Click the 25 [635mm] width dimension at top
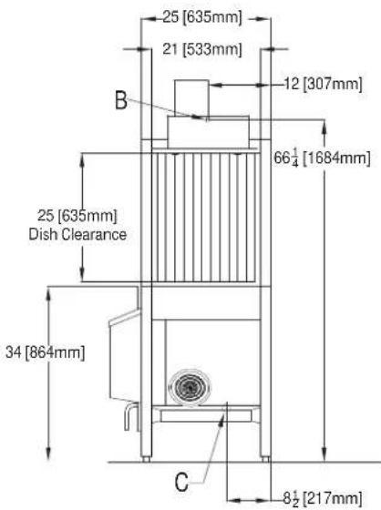202,17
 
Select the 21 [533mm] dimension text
202,49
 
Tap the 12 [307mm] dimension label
323,84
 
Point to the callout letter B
121,100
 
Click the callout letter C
181,482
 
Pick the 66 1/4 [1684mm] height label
322,158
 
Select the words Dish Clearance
77,234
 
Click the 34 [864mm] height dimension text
46,352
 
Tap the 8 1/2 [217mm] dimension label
323,498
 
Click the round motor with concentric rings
190,387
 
